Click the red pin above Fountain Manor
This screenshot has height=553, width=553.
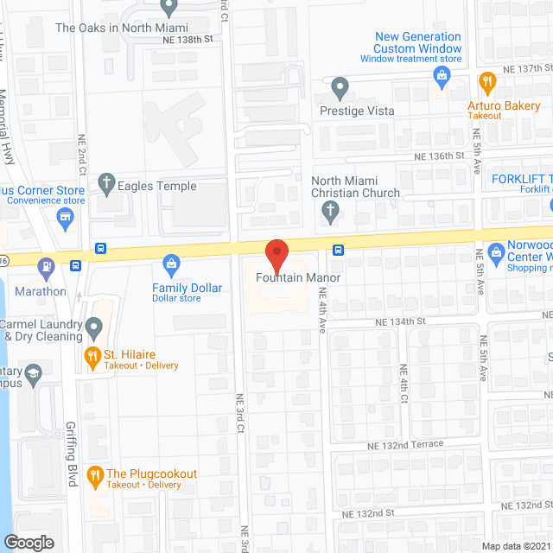pyautogui.click(x=276, y=255)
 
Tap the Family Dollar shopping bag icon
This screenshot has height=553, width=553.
pyautogui.click(x=171, y=263)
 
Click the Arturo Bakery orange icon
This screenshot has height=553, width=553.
pyautogui.click(x=486, y=82)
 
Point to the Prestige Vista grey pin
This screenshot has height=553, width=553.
pyautogui.click(x=340, y=86)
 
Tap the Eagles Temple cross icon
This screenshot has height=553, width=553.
pyautogui.click(x=106, y=182)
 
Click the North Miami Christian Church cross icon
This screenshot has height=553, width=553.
pyautogui.click(x=329, y=210)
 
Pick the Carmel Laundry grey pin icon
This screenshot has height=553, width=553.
pyautogui.click(x=94, y=327)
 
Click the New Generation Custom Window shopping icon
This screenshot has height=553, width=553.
pyautogui.click(x=442, y=77)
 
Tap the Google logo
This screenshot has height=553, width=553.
pyautogui.click(x=29, y=542)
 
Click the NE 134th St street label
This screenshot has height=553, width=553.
pyautogui.click(x=401, y=321)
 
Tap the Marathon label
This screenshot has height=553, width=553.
pyautogui.click(x=40, y=291)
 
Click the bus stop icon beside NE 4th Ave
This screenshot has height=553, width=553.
pyautogui.click(x=339, y=251)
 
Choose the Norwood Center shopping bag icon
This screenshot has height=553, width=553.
pyautogui.click(x=496, y=252)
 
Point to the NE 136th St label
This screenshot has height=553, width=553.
pyautogui.click(x=446, y=156)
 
